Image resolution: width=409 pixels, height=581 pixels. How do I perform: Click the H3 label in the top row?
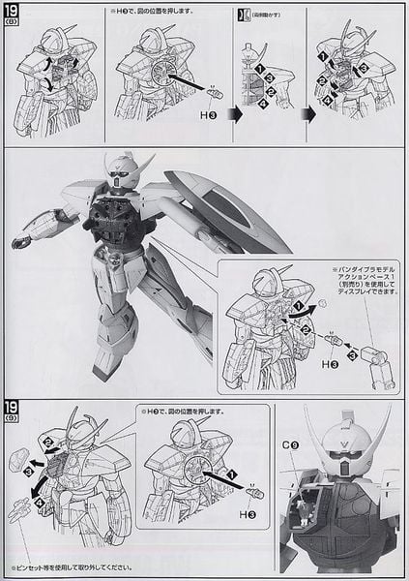tap(206, 114)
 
